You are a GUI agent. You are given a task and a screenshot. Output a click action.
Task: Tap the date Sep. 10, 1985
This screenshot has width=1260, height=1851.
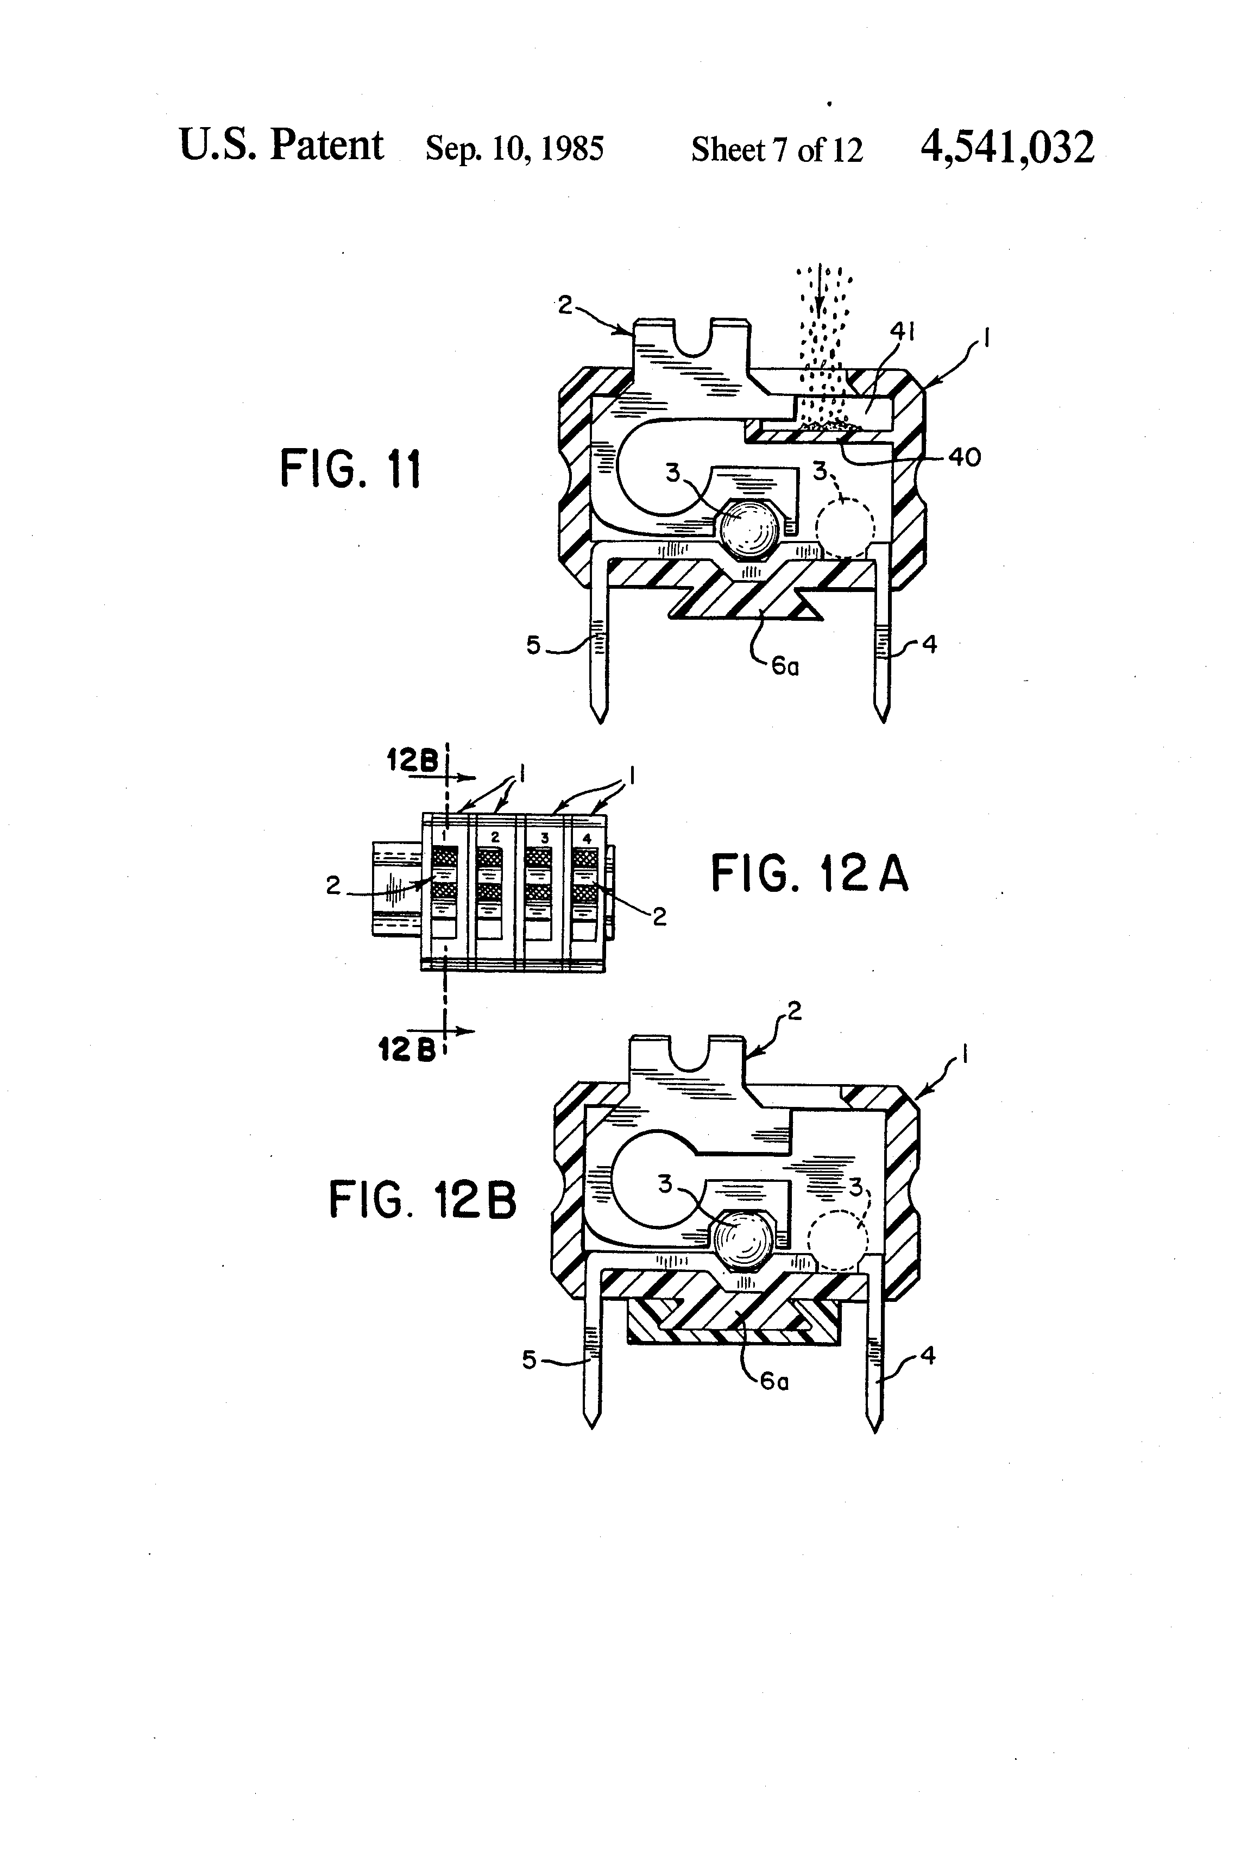[514, 148]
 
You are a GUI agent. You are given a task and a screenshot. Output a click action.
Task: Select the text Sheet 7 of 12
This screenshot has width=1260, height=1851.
[777, 149]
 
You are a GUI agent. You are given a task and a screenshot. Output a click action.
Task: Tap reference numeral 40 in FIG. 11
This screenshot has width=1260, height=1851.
[963, 457]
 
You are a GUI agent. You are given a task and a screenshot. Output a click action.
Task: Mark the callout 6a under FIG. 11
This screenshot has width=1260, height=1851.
[785, 666]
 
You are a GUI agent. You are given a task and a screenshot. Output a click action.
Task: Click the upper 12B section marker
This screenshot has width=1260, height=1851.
[413, 760]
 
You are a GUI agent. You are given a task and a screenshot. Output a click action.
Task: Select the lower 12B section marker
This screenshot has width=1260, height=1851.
[406, 1050]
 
